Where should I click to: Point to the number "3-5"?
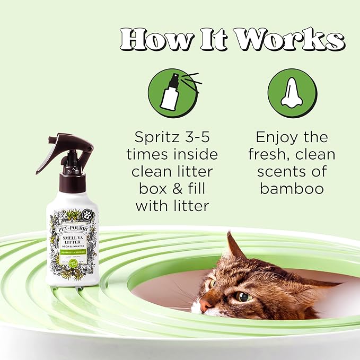[201, 138]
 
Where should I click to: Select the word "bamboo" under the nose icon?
[292, 189]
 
